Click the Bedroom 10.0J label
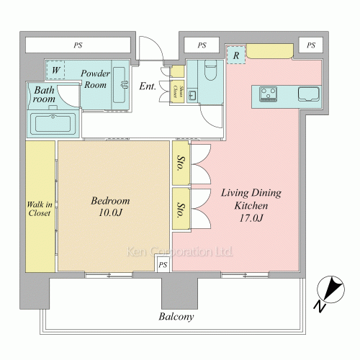click(110, 207)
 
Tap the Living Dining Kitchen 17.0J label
click(251, 205)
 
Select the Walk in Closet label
click(40, 209)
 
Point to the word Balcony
click(176, 317)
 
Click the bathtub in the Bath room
click(53, 124)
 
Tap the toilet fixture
click(211, 70)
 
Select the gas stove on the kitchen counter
click(268, 94)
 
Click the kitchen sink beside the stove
click(309, 94)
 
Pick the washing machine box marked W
click(56, 70)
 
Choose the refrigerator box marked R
click(236, 55)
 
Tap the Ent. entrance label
click(148, 86)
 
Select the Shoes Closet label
click(178, 91)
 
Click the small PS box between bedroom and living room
click(163, 265)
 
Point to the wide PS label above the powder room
click(78, 45)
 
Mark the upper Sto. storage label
click(181, 163)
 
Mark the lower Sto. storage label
click(181, 210)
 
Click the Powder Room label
click(95, 79)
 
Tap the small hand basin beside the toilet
click(192, 96)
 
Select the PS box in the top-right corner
click(311, 45)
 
